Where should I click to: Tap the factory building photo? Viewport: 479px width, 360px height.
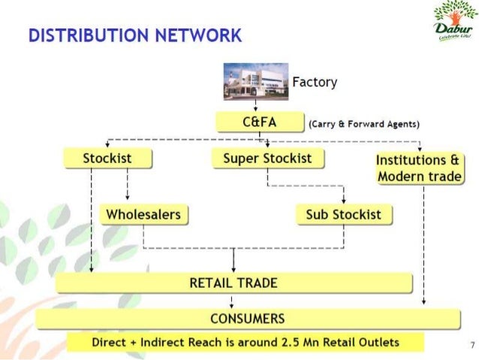pos(256,81)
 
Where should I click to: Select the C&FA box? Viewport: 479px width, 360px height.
pos(259,123)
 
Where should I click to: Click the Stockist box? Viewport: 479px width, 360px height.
pos(107,159)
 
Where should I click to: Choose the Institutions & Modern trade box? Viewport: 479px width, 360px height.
pos(418,168)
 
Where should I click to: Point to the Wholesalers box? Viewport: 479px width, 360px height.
pos(143,215)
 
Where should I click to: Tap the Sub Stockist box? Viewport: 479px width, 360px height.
pos(343,215)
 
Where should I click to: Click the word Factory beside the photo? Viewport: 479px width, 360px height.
pos(314,82)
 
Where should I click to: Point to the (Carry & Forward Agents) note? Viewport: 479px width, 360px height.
pos(363,124)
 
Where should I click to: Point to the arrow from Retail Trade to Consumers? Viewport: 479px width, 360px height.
pos(233,301)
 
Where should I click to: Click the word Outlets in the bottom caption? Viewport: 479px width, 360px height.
pos(378,343)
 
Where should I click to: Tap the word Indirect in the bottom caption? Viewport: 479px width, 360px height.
pos(165,343)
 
